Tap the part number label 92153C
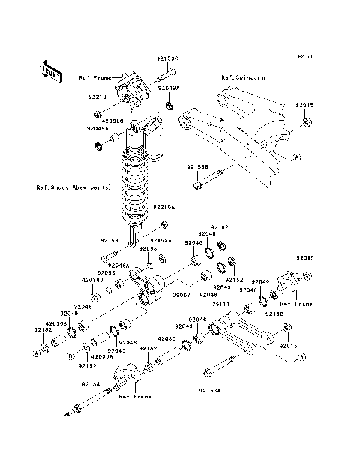coord(168,57)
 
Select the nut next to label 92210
coord(99,114)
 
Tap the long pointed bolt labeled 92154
coord(96,397)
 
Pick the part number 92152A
coord(163,241)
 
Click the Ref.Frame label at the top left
coord(94,77)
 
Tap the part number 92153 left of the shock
coord(109,241)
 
